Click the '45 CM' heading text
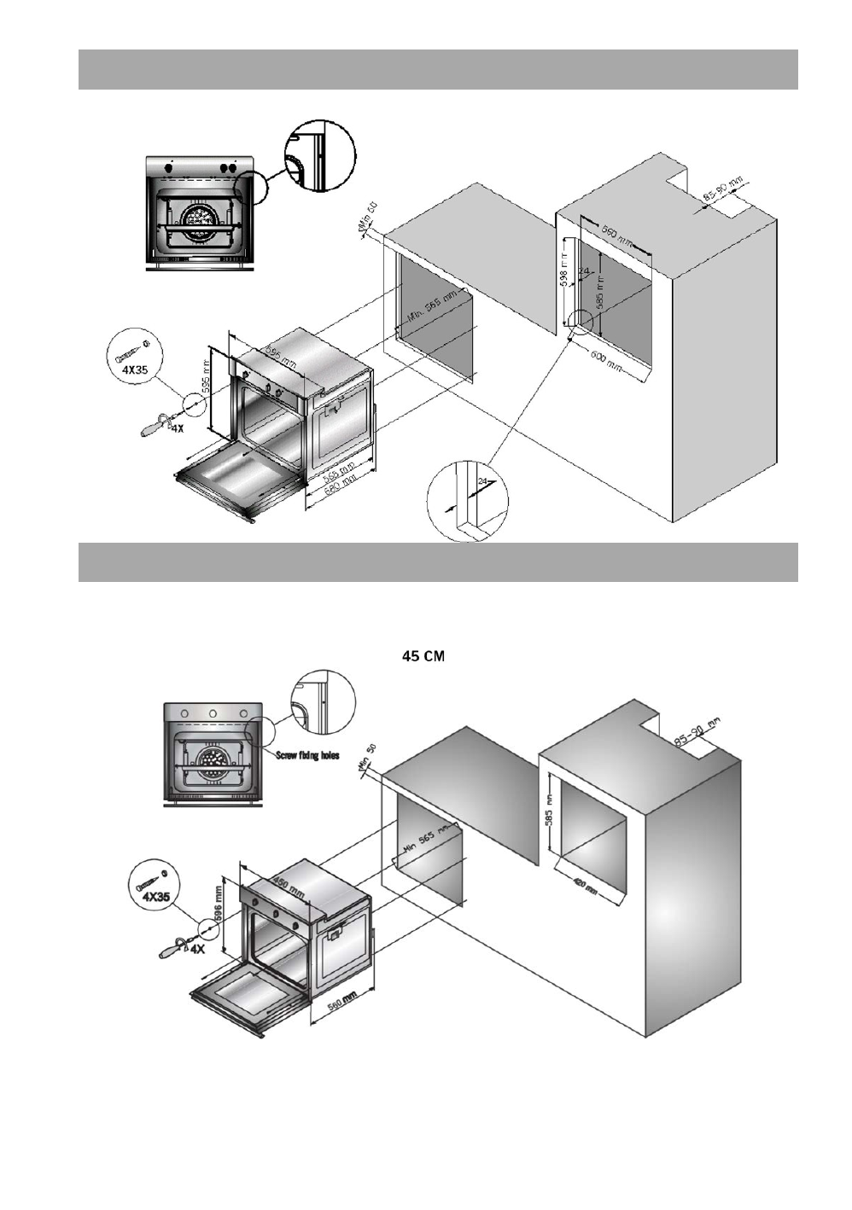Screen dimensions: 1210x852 (423, 656)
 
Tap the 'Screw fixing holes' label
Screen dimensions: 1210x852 (307, 755)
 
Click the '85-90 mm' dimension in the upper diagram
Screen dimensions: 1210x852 (722, 189)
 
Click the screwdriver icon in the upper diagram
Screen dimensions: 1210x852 (155, 424)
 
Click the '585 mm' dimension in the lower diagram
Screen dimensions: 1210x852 (551, 821)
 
